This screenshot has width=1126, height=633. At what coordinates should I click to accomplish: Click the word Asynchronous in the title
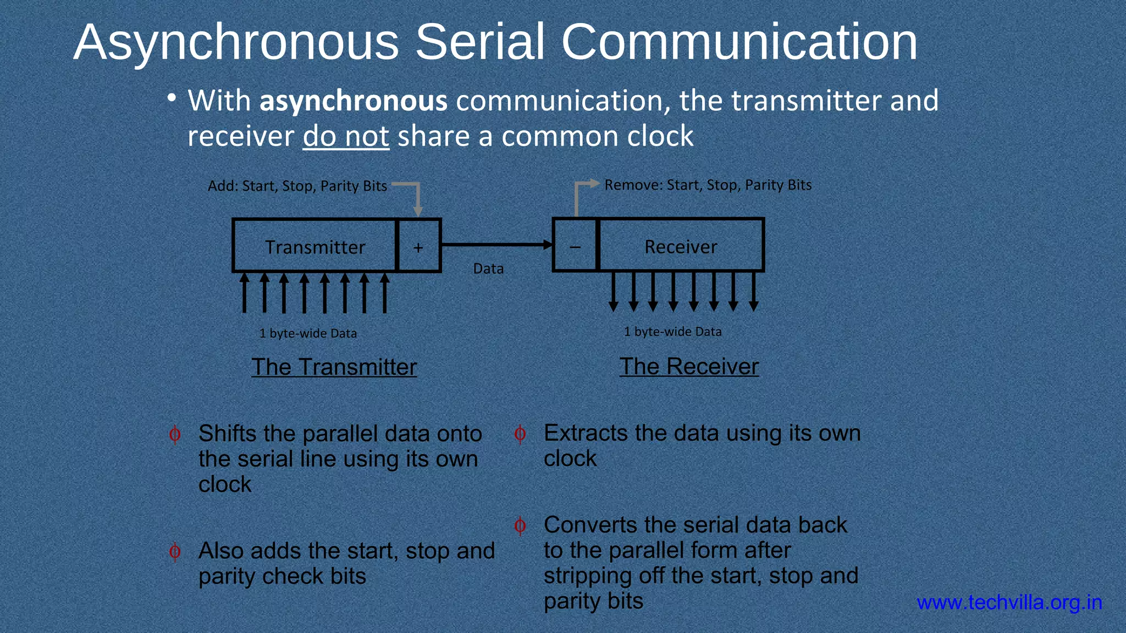[236, 43]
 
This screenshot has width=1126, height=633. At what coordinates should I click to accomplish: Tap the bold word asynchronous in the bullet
[353, 101]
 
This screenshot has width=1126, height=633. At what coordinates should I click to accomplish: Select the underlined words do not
[346, 136]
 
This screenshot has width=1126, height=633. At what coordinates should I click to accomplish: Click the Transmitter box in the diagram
[314, 246]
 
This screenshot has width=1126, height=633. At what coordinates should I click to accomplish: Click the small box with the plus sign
[418, 246]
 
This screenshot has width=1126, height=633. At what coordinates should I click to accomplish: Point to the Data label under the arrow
[488, 269]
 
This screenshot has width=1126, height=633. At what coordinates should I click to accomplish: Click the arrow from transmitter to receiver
[495, 245]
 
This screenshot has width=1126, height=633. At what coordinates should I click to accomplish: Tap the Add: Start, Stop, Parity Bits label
[297, 186]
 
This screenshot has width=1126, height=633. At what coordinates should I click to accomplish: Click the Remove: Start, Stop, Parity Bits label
[708, 185]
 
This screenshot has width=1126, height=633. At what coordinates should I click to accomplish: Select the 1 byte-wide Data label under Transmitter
[308, 334]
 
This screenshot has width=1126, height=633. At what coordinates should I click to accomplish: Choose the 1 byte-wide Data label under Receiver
[672, 331]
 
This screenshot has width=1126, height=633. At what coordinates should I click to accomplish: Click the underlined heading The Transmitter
[334, 367]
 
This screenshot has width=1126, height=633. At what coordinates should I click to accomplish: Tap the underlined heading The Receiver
[689, 367]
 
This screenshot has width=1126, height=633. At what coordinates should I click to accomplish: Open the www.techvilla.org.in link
[1009, 603]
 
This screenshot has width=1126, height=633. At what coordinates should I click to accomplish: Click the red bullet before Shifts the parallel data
[175, 435]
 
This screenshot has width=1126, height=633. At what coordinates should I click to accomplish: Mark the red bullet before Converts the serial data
[520, 526]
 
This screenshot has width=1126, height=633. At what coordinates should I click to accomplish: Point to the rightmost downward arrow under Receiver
[754, 292]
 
